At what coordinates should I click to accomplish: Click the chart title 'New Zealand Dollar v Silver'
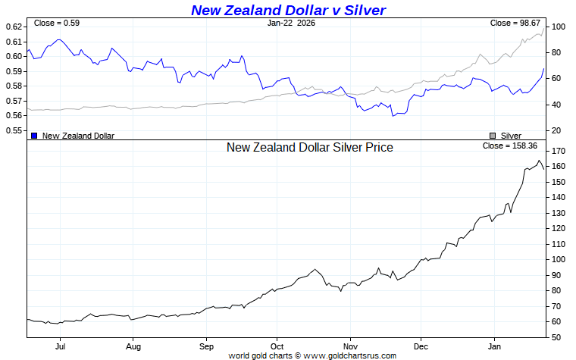[x=288, y=10]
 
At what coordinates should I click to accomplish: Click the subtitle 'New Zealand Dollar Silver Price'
[x=309, y=148]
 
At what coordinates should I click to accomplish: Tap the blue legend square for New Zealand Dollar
[x=34, y=136]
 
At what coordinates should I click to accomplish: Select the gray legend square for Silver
[x=493, y=136]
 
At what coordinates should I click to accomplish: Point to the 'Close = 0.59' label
[x=57, y=23]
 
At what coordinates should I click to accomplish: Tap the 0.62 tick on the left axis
[x=14, y=27]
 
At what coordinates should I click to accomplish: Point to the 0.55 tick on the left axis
[x=14, y=130]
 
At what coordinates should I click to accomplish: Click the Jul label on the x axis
[x=60, y=346]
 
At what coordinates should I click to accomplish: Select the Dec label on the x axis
[x=421, y=346]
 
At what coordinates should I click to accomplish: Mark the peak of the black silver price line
[x=539, y=160]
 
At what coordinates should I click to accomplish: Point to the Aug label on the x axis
[x=133, y=346]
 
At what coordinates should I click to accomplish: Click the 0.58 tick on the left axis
[x=14, y=86]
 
